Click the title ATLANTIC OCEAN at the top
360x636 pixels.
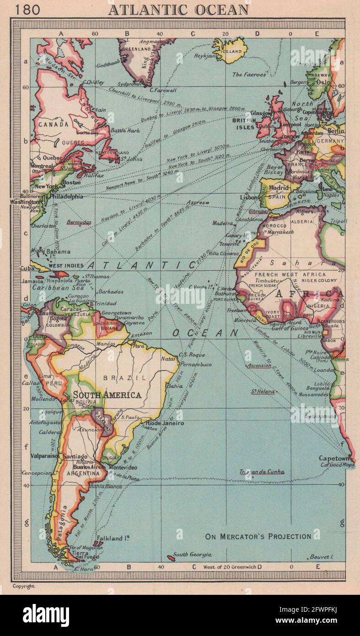click(x=178, y=10)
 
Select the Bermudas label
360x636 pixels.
click(x=79, y=222)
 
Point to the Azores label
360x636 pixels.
click(x=195, y=202)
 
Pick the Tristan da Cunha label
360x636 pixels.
click(x=262, y=472)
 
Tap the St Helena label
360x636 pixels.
click(x=263, y=392)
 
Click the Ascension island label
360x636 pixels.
click(x=259, y=366)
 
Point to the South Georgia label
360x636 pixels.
click(x=192, y=555)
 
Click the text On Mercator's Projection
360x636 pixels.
click(x=258, y=536)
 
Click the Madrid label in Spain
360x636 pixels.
click(x=278, y=189)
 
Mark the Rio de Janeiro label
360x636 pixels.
click(x=165, y=423)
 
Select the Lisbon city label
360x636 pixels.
click(x=249, y=197)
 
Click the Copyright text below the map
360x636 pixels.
click(x=23, y=586)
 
